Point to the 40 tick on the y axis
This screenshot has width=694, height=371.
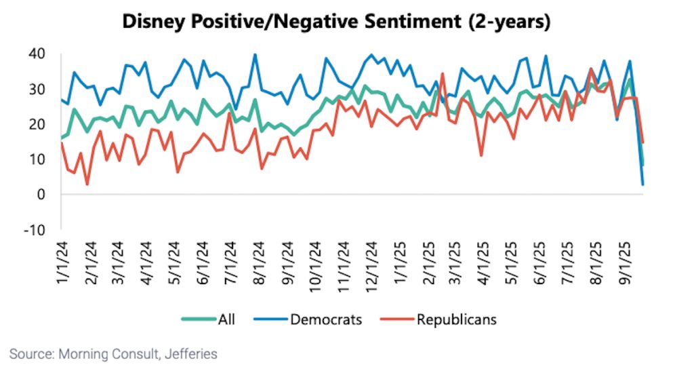pos(37,54)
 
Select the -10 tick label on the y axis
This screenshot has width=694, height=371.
pos(34,229)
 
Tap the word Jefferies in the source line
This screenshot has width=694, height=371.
pos(192,353)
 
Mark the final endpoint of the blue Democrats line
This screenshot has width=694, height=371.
pos(642,184)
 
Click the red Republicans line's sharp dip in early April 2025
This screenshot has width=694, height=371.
pos(481,156)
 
